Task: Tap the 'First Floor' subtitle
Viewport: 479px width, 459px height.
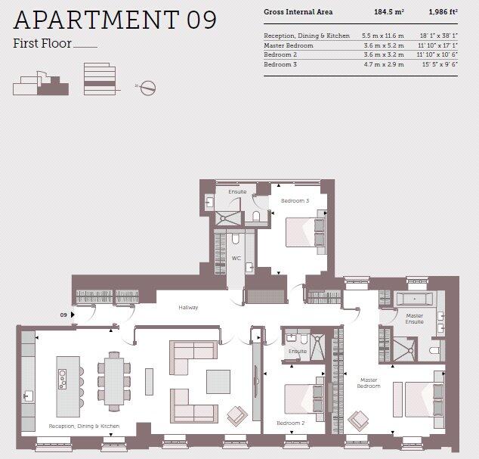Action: (x=42, y=44)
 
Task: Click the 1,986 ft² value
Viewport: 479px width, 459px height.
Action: (x=443, y=12)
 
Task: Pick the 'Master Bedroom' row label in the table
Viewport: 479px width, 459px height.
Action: (x=288, y=45)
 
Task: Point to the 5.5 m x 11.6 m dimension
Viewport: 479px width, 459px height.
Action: (x=383, y=36)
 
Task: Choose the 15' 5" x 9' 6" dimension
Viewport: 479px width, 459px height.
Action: (x=438, y=66)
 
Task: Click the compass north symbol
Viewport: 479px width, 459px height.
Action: (x=148, y=87)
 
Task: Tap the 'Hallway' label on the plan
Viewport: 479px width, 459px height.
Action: (x=188, y=308)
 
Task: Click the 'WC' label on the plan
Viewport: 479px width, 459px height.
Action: (x=236, y=259)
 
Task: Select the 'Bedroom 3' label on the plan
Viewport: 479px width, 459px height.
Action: (x=295, y=200)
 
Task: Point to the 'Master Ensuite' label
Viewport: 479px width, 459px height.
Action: (x=414, y=318)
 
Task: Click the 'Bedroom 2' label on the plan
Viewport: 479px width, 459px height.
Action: (x=290, y=423)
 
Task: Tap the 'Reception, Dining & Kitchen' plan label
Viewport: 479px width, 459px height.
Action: (x=84, y=426)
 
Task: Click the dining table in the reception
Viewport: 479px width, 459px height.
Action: (x=113, y=377)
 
